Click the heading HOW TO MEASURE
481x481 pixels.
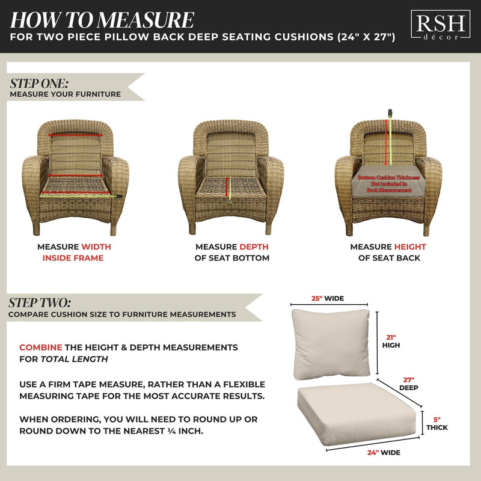pos(102,19)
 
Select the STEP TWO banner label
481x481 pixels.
pos(40,302)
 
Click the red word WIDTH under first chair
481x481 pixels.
pos(96,247)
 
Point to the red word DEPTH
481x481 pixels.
pos(254,247)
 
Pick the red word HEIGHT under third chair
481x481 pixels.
pos(410,247)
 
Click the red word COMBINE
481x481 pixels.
pos(41,348)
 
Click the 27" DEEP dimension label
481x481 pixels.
pos(409,384)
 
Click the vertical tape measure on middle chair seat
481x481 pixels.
pos(227,188)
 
